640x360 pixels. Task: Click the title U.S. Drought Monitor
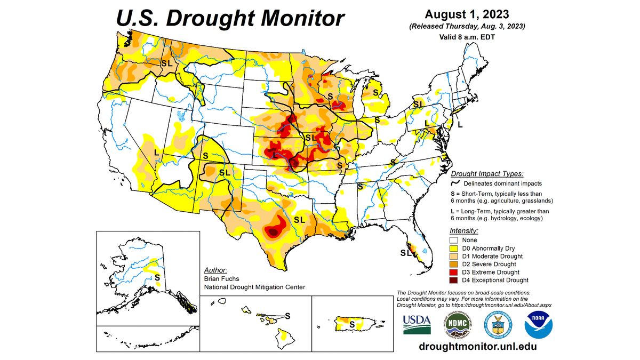pyautogui.click(x=230, y=18)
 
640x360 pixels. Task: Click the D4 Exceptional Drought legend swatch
pyautogui.click(x=455, y=280)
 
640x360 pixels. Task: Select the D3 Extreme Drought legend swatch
pyautogui.click(x=455, y=272)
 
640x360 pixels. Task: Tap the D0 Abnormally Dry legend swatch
pyautogui.click(x=455, y=249)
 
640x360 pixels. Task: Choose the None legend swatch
pyautogui.click(x=455, y=241)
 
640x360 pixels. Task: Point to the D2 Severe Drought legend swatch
pyautogui.click(x=455, y=264)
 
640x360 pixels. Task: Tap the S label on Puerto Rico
pyautogui.click(x=351, y=323)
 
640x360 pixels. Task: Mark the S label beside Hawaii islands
pyautogui.click(x=288, y=315)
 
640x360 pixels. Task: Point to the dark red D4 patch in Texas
pyautogui.click(x=273, y=232)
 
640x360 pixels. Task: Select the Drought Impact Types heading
pyautogui.click(x=487, y=174)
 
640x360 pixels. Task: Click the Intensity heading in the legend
pyautogui.click(x=464, y=231)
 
